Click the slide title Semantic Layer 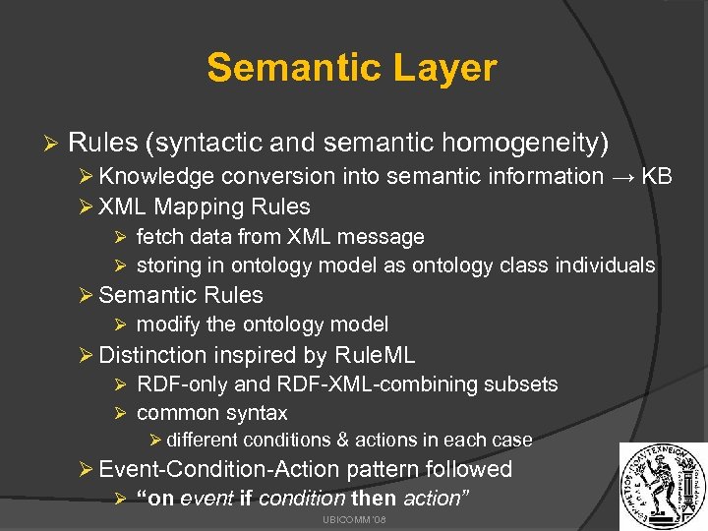point(352,68)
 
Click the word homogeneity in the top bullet point(525,144)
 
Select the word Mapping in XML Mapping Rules point(200,206)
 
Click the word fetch point(157,237)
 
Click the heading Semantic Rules point(181,295)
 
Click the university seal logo point(660,484)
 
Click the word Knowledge point(156,176)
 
